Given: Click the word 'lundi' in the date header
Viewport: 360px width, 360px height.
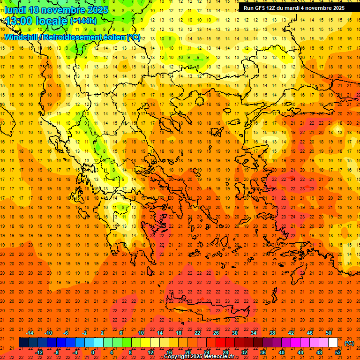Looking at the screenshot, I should tap(15, 9).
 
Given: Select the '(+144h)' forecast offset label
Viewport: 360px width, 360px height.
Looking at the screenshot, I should tap(83, 21).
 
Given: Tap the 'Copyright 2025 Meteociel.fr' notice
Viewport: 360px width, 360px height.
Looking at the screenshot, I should tap(199, 357).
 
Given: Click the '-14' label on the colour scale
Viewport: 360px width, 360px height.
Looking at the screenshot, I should tap(30, 333).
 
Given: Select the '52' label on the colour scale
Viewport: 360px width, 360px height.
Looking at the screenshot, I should tap(338, 352).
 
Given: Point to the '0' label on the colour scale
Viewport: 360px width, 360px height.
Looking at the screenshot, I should tap(93, 352).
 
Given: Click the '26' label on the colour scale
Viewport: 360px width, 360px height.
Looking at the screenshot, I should tap(216, 333).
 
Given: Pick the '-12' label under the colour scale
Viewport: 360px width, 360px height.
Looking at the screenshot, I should tap(39, 352).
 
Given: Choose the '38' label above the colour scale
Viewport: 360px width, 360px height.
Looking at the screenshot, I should tap(272, 333).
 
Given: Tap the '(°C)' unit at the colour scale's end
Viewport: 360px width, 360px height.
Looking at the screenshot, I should tap(349, 343).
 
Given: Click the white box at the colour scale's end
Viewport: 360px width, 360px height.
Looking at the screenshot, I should tap(333, 343).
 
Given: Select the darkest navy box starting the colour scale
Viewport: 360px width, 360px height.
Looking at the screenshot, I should tap(23, 343).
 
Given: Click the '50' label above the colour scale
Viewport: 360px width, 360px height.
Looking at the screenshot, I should tap(329, 333).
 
